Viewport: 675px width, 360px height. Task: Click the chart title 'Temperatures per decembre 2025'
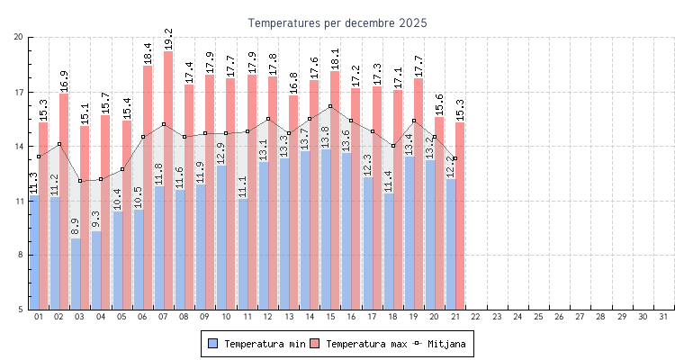click(337, 22)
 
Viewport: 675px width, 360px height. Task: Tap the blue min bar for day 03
click(76, 274)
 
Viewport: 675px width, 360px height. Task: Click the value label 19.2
click(168, 39)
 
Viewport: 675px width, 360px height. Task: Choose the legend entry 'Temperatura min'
click(256, 344)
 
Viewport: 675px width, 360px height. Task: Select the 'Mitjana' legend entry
click(440, 344)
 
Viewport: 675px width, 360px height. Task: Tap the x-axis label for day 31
click(663, 317)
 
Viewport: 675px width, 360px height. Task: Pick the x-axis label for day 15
click(330, 317)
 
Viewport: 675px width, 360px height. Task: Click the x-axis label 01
click(39, 317)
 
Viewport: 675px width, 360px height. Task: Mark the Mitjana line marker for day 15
click(330, 106)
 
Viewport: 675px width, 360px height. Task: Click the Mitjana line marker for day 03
click(80, 181)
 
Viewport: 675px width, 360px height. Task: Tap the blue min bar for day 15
click(325, 229)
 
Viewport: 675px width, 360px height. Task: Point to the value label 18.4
click(148, 53)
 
